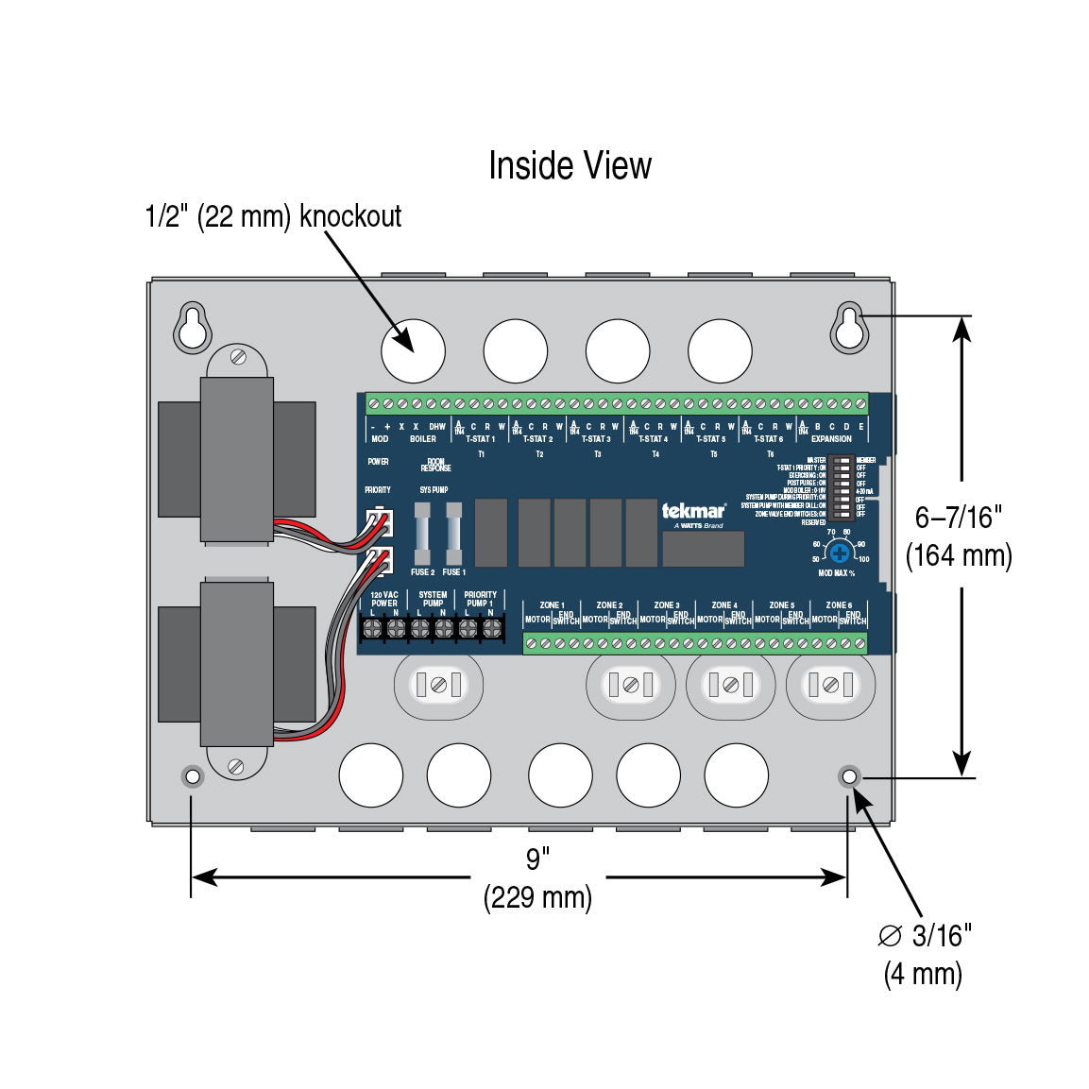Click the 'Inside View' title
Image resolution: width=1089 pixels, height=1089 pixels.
click(x=570, y=166)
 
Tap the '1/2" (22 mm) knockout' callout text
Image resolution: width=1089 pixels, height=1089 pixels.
click(x=273, y=216)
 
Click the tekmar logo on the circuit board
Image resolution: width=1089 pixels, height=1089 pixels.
click(x=693, y=512)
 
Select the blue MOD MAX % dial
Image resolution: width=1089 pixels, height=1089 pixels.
click(x=839, y=553)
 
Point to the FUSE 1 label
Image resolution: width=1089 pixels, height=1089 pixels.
click(x=454, y=572)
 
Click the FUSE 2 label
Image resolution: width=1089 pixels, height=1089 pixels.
click(x=422, y=572)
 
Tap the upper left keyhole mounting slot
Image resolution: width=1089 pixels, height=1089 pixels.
click(x=192, y=327)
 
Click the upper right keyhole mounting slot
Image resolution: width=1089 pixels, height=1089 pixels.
click(x=848, y=327)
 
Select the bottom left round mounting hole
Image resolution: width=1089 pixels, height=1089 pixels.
click(x=193, y=776)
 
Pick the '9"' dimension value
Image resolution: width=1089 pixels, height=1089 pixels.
click(x=537, y=859)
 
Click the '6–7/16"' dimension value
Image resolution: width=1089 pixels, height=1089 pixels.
click(x=958, y=518)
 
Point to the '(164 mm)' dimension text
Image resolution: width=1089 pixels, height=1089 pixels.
click(x=959, y=555)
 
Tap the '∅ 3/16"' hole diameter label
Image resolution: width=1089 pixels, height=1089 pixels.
click(x=925, y=936)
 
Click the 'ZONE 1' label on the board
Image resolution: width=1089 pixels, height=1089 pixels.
click(x=552, y=605)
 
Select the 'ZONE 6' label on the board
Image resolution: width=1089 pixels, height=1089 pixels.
click(x=839, y=605)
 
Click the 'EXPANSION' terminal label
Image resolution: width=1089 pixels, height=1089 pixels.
click(x=831, y=439)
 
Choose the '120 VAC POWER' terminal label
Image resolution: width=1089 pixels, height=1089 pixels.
click(x=384, y=599)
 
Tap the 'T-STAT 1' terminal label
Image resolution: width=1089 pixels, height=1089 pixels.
click(x=480, y=439)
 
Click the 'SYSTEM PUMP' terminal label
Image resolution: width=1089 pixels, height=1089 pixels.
click(x=433, y=599)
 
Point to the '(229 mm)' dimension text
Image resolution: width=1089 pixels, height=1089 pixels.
click(x=537, y=897)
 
